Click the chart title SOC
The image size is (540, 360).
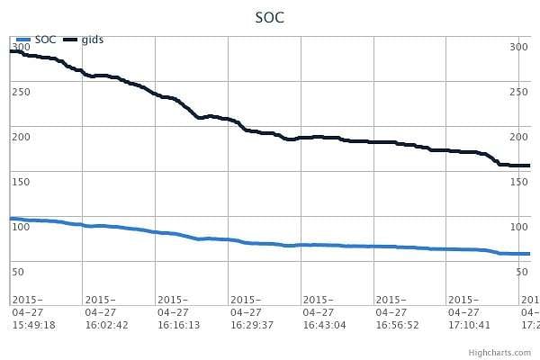(270, 17)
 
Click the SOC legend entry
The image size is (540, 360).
(45, 40)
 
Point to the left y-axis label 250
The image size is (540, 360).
(20, 91)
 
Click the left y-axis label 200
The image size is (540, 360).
(20, 136)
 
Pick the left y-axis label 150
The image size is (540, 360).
(20, 181)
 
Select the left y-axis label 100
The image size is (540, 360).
(20, 226)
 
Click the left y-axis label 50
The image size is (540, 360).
(17, 271)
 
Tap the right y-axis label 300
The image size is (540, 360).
(518, 46)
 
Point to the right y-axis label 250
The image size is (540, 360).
(518, 91)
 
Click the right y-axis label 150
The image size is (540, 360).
(518, 181)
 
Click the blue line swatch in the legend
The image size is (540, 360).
(23, 40)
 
